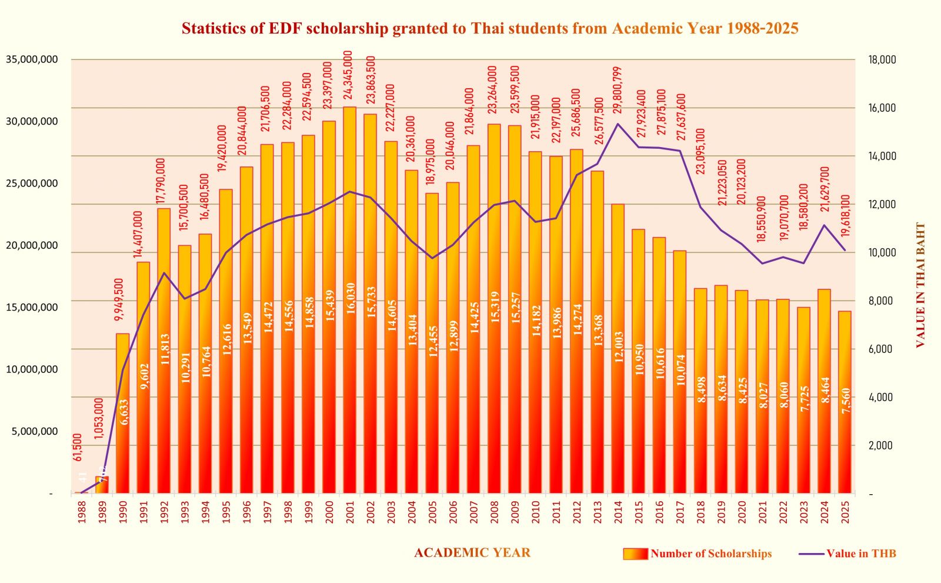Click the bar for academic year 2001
tap(349, 300)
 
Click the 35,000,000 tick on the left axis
tap(32, 59)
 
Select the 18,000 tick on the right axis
tap(882, 59)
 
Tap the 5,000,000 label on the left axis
tap(35, 431)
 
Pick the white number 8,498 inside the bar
tap(701, 389)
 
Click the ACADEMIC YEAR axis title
tap(472, 553)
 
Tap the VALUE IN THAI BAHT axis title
tap(920, 285)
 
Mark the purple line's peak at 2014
tap(618, 124)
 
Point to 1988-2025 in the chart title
tap(762, 28)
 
